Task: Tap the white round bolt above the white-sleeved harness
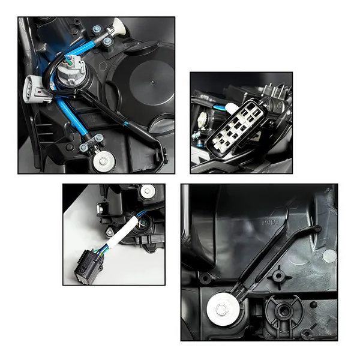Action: [147, 192]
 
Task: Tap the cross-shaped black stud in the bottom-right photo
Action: [277, 276]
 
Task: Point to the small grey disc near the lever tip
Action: [329, 256]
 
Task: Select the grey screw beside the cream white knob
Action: [107, 41]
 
